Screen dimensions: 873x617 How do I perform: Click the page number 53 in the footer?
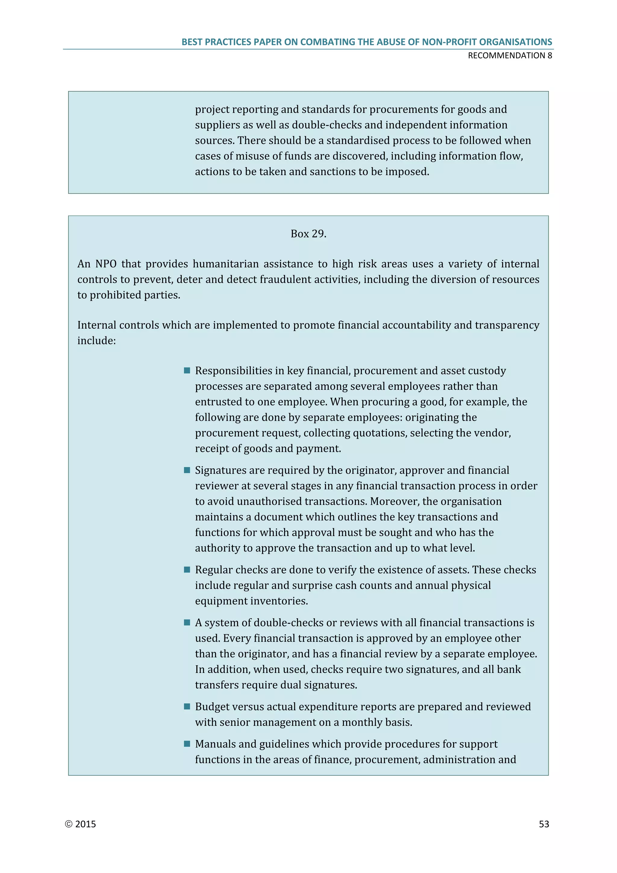click(x=544, y=824)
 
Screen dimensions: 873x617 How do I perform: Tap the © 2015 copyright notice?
click(x=80, y=824)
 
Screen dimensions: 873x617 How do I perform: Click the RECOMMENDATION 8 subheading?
click(x=510, y=55)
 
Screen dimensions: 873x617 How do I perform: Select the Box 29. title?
click(x=308, y=234)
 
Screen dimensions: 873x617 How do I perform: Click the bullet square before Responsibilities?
click(x=187, y=370)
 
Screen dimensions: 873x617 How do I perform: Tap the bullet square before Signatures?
click(x=187, y=470)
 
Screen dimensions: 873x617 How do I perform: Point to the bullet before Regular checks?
click(x=187, y=569)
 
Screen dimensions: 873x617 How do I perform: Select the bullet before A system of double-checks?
click(x=187, y=622)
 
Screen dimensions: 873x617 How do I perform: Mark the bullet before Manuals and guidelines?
click(x=187, y=744)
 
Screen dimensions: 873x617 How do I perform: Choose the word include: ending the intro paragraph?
click(x=96, y=341)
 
